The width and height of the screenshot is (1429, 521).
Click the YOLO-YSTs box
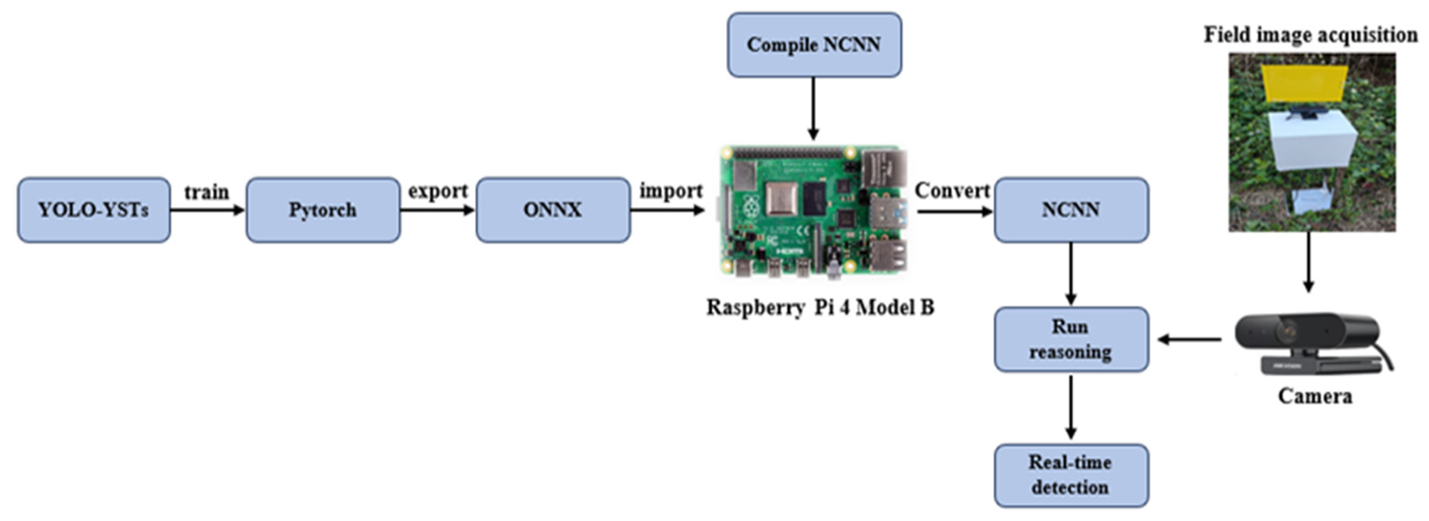coord(93,210)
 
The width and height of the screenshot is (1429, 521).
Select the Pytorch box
coord(323,210)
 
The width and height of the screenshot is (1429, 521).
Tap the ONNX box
coord(552,210)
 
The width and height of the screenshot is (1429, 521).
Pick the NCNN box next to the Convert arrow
coord(1070,210)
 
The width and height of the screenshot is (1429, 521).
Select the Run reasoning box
coord(1070,339)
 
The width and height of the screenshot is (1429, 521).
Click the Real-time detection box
coord(1070,475)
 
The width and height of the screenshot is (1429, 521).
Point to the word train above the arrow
coord(206,192)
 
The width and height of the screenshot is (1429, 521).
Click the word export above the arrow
coord(438,191)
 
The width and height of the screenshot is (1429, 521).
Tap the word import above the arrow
coord(671,191)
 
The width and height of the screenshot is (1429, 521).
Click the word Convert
coord(952,191)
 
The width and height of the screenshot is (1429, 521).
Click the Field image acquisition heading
coord(1310,35)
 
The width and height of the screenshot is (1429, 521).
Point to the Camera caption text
coord(1315,396)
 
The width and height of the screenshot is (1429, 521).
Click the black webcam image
coord(1309,341)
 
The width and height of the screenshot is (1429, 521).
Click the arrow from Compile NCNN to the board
coord(813,108)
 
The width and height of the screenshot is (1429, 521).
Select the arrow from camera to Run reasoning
coord(1190,339)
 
